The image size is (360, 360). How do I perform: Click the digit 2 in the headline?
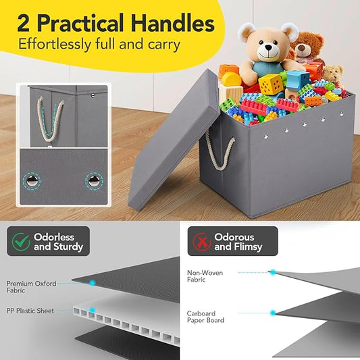(x=23, y=24)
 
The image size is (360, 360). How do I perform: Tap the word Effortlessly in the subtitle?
(x=55, y=45)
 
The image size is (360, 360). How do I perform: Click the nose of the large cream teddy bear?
(x=268, y=48)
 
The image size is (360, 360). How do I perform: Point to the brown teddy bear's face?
(x=303, y=48)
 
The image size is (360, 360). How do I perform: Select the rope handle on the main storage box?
(x=220, y=151)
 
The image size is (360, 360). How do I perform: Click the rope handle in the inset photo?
(x=50, y=120)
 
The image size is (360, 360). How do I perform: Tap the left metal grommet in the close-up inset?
(x=32, y=181)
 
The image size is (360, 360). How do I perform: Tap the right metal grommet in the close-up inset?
(x=94, y=181)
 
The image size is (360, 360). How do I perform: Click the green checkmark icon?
(x=21, y=242)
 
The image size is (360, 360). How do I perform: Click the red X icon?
(x=202, y=242)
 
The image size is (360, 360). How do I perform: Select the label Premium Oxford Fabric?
(x=31, y=287)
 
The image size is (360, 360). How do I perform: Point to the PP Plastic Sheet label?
(x=30, y=311)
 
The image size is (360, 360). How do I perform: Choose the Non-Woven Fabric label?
(x=205, y=276)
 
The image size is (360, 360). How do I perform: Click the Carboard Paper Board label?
(x=205, y=317)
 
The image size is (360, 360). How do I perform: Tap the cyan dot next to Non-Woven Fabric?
(x=273, y=272)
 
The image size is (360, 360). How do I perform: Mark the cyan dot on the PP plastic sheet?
(x=93, y=310)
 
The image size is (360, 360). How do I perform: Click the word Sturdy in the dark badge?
(x=68, y=247)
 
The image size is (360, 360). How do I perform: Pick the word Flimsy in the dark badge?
(x=247, y=247)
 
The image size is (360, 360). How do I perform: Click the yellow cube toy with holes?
(x=270, y=84)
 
